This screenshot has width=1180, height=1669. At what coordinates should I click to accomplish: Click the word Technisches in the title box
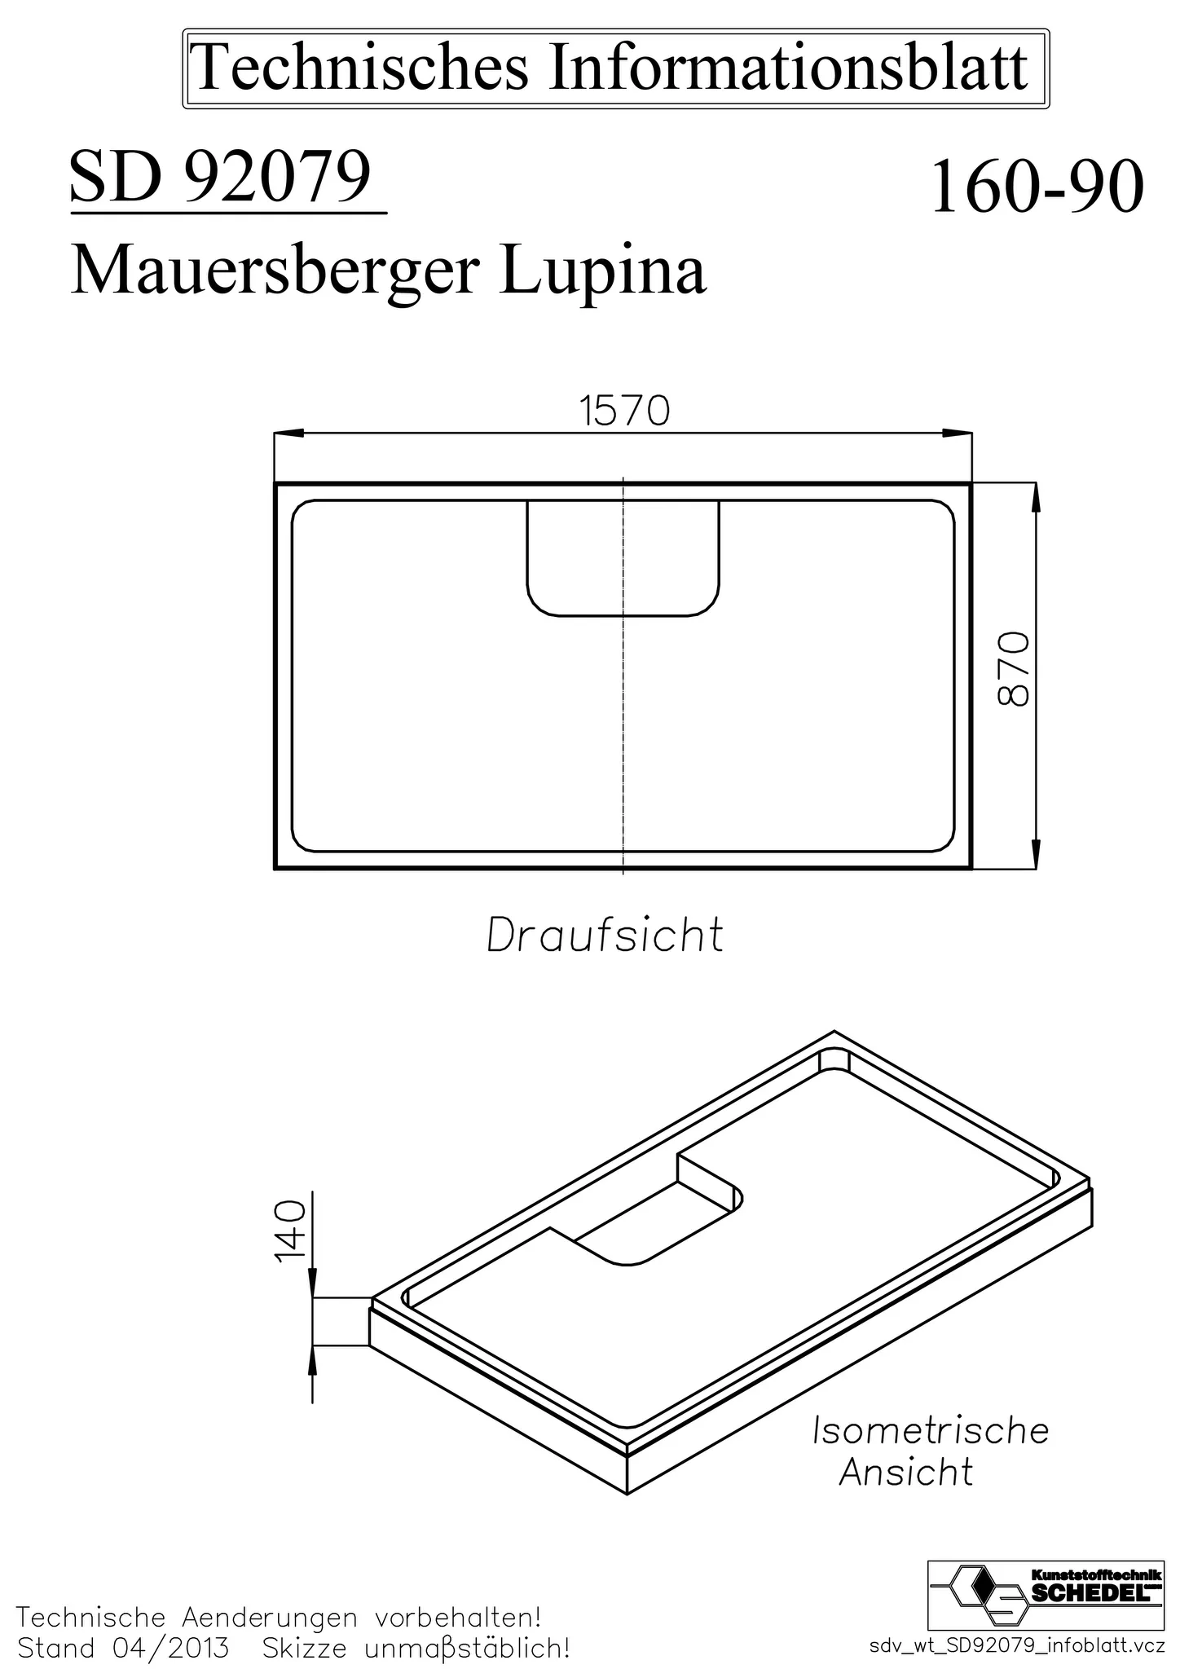(x=362, y=68)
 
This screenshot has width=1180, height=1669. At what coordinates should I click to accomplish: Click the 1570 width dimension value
(x=624, y=411)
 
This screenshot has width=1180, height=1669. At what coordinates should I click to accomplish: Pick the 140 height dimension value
(x=290, y=1231)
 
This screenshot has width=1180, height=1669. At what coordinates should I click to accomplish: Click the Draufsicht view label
(x=605, y=936)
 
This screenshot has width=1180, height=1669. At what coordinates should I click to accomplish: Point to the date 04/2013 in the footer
(x=166, y=1649)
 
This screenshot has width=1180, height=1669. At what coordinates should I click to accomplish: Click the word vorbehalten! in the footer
(x=459, y=1616)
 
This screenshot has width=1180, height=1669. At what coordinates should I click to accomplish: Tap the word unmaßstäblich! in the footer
(x=467, y=1649)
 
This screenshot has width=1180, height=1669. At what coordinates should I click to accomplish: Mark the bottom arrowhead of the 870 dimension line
(x=1036, y=856)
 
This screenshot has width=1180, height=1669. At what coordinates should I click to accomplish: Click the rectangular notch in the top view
(x=623, y=557)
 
